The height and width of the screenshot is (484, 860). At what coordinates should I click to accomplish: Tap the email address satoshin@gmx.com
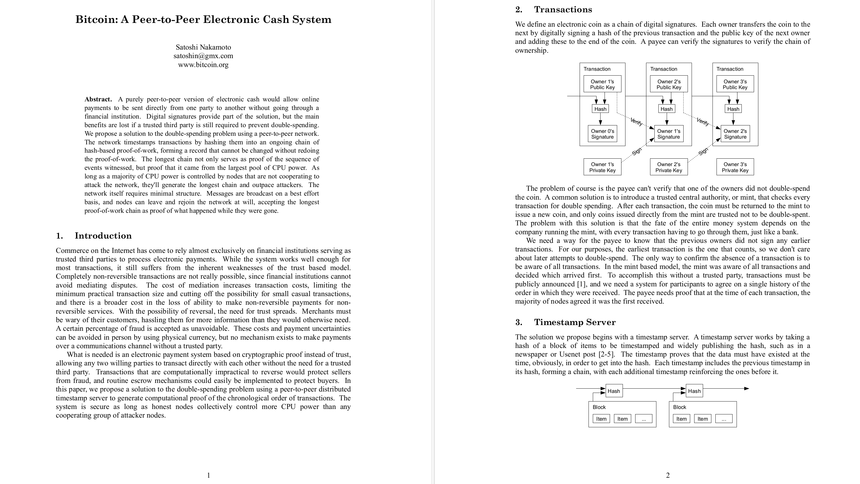(203, 56)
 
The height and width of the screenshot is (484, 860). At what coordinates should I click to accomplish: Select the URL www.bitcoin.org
(203, 65)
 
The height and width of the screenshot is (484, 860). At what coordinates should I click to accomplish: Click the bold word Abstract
(98, 99)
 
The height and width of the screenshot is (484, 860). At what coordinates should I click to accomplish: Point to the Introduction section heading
(103, 236)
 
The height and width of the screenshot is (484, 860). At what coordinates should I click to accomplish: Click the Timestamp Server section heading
(574, 322)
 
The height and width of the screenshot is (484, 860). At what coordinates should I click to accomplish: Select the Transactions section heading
(563, 9)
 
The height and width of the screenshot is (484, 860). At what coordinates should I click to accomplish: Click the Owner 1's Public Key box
(602, 84)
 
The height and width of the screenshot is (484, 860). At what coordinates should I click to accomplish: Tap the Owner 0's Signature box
(602, 134)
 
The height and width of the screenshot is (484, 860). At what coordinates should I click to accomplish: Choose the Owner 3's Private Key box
(735, 167)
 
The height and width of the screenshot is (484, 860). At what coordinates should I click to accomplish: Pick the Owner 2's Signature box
(735, 134)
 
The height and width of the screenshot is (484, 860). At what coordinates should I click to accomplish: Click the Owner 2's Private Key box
(669, 167)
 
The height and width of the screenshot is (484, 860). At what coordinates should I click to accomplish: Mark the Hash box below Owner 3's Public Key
(733, 109)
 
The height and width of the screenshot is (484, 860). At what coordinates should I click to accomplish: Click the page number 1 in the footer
(209, 475)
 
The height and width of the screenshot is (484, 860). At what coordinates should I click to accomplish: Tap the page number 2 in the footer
(668, 475)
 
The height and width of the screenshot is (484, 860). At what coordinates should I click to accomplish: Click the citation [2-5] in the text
(607, 355)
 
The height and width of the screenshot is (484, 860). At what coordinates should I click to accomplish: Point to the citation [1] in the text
(580, 284)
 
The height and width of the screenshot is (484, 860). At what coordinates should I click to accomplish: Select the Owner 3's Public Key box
(735, 84)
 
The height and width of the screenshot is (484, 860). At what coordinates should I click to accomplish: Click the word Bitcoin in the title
(95, 19)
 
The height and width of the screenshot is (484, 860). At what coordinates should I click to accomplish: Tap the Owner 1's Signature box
(668, 134)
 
